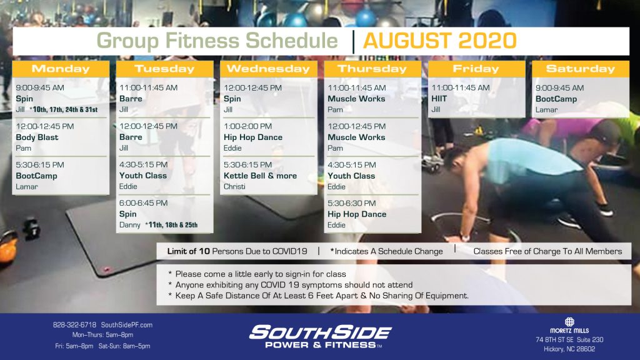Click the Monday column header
tap(61, 69)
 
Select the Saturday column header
tap(581, 69)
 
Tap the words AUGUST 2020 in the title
tap(439, 41)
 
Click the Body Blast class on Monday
tap(37, 137)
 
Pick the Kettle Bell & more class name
tap(260, 176)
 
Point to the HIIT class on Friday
tap(439, 98)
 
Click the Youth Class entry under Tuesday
tap(143, 176)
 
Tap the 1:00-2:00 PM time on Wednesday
tap(247, 126)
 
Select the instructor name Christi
tap(234, 186)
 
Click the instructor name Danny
tap(130, 225)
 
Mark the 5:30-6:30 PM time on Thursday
tap(351, 203)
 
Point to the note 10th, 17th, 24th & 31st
tap(65, 109)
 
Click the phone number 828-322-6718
tap(75, 325)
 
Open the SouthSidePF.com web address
tap(126, 325)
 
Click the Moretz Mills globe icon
tap(569, 322)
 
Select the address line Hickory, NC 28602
tap(569, 349)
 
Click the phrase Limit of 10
tap(188, 251)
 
